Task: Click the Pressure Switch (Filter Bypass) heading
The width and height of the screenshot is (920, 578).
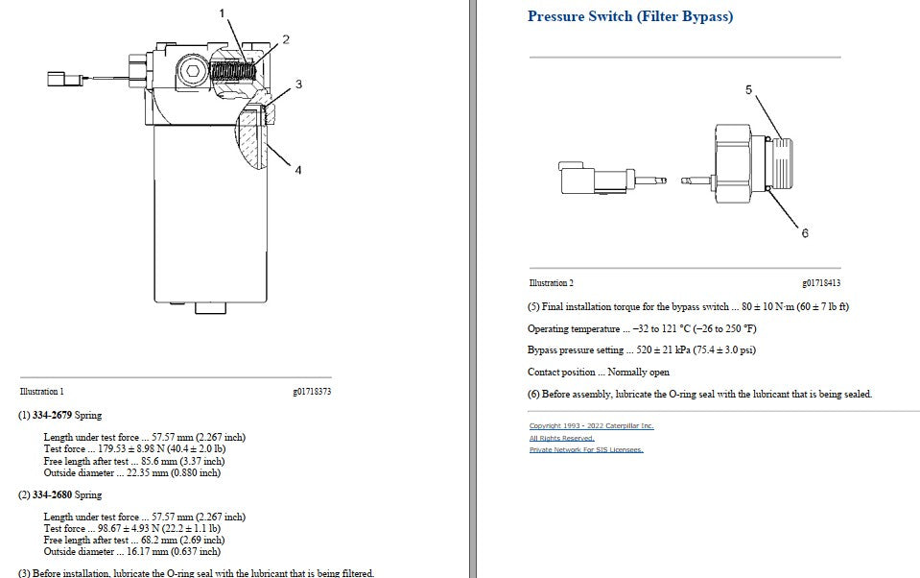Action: (x=630, y=16)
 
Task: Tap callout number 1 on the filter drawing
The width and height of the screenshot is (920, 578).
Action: (x=222, y=12)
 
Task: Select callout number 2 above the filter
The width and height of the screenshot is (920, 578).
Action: (x=286, y=39)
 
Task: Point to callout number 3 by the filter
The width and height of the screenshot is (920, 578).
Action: (x=298, y=84)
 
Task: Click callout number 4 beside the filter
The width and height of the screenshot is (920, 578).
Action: (x=298, y=170)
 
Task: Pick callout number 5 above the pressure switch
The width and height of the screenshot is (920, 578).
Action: (x=748, y=90)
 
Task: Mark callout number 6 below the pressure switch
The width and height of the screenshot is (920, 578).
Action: (x=805, y=233)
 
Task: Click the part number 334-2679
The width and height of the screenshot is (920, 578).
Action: (x=52, y=416)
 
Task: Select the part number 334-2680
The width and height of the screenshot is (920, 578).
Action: (x=52, y=494)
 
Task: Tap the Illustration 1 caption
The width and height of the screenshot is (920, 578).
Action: (x=41, y=392)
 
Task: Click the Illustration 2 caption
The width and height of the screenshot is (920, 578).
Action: (x=552, y=283)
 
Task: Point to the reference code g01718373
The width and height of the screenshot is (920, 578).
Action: (x=312, y=392)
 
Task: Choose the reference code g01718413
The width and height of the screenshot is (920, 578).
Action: (x=821, y=283)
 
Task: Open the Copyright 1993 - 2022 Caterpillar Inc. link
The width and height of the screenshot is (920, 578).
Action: (x=591, y=426)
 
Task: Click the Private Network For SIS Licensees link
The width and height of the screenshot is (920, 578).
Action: (x=586, y=450)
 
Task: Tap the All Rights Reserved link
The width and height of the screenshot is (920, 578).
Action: (x=561, y=438)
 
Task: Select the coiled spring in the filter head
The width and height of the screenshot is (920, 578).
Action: (x=233, y=71)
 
